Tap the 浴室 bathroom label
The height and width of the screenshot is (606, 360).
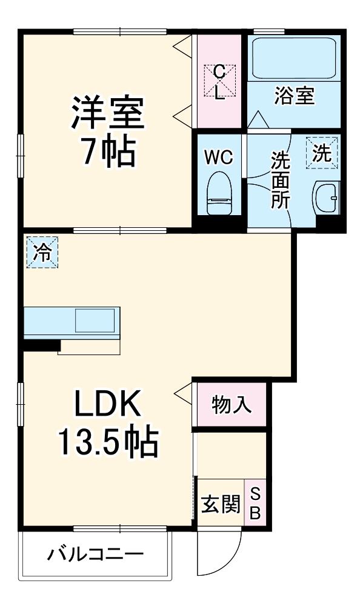(x=295, y=96)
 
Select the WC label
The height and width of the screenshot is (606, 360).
(x=218, y=158)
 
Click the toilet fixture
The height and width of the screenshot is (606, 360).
(x=219, y=193)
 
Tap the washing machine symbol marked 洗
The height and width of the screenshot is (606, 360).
(x=322, y=153)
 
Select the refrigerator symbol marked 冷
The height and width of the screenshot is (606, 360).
(x=42, y=252)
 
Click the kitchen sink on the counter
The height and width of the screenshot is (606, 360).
(x=95, y=320)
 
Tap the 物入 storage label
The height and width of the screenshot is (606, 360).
(x=231, y=405)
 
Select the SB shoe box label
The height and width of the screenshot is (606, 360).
(x=255, y=504)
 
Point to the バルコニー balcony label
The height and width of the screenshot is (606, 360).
(x=96, y=554)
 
